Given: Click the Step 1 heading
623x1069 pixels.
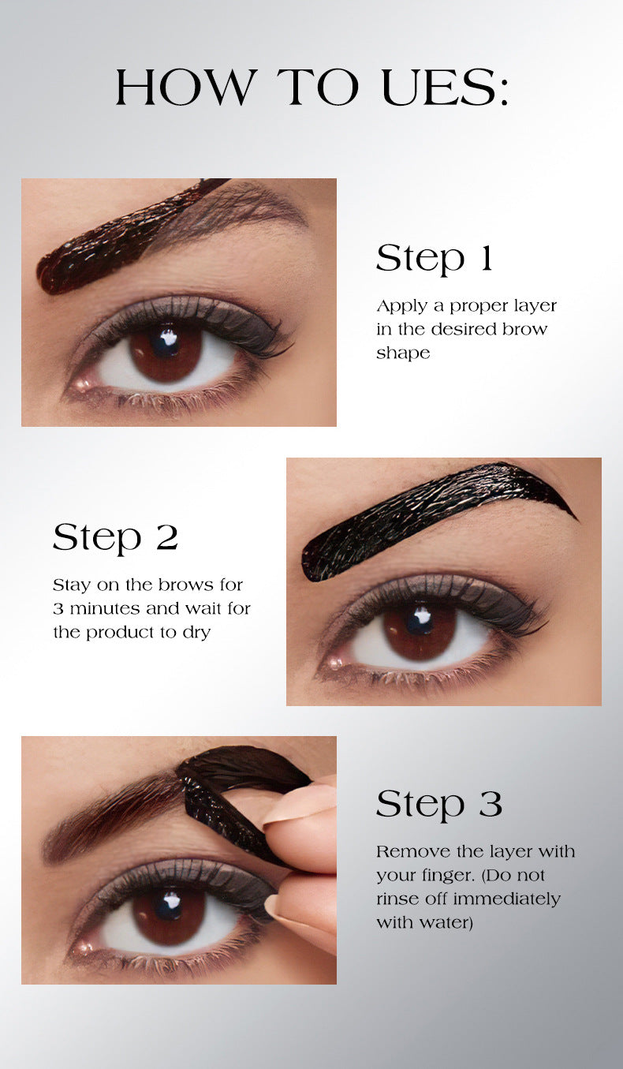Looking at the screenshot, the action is pyautogui.click(x=435, y=258).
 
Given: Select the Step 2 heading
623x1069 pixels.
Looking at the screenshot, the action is pyautogui.click(x=115, y=537).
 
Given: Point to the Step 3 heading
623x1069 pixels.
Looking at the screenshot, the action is pyautogui.click(x=439, y=804).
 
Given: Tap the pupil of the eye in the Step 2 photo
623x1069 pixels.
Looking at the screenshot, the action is pyautogui.click(x=419, y=619).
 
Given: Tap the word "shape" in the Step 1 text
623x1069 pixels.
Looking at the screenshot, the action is pyautogui.click(x=403, y=353).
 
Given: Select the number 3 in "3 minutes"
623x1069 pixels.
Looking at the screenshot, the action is pyautogui.click(x=58, y=609).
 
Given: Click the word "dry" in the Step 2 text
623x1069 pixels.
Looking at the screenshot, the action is pyautogui.click(x=196, y=634).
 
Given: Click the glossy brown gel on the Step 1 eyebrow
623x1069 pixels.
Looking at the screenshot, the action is pyautogui.click(x=119, y=238).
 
